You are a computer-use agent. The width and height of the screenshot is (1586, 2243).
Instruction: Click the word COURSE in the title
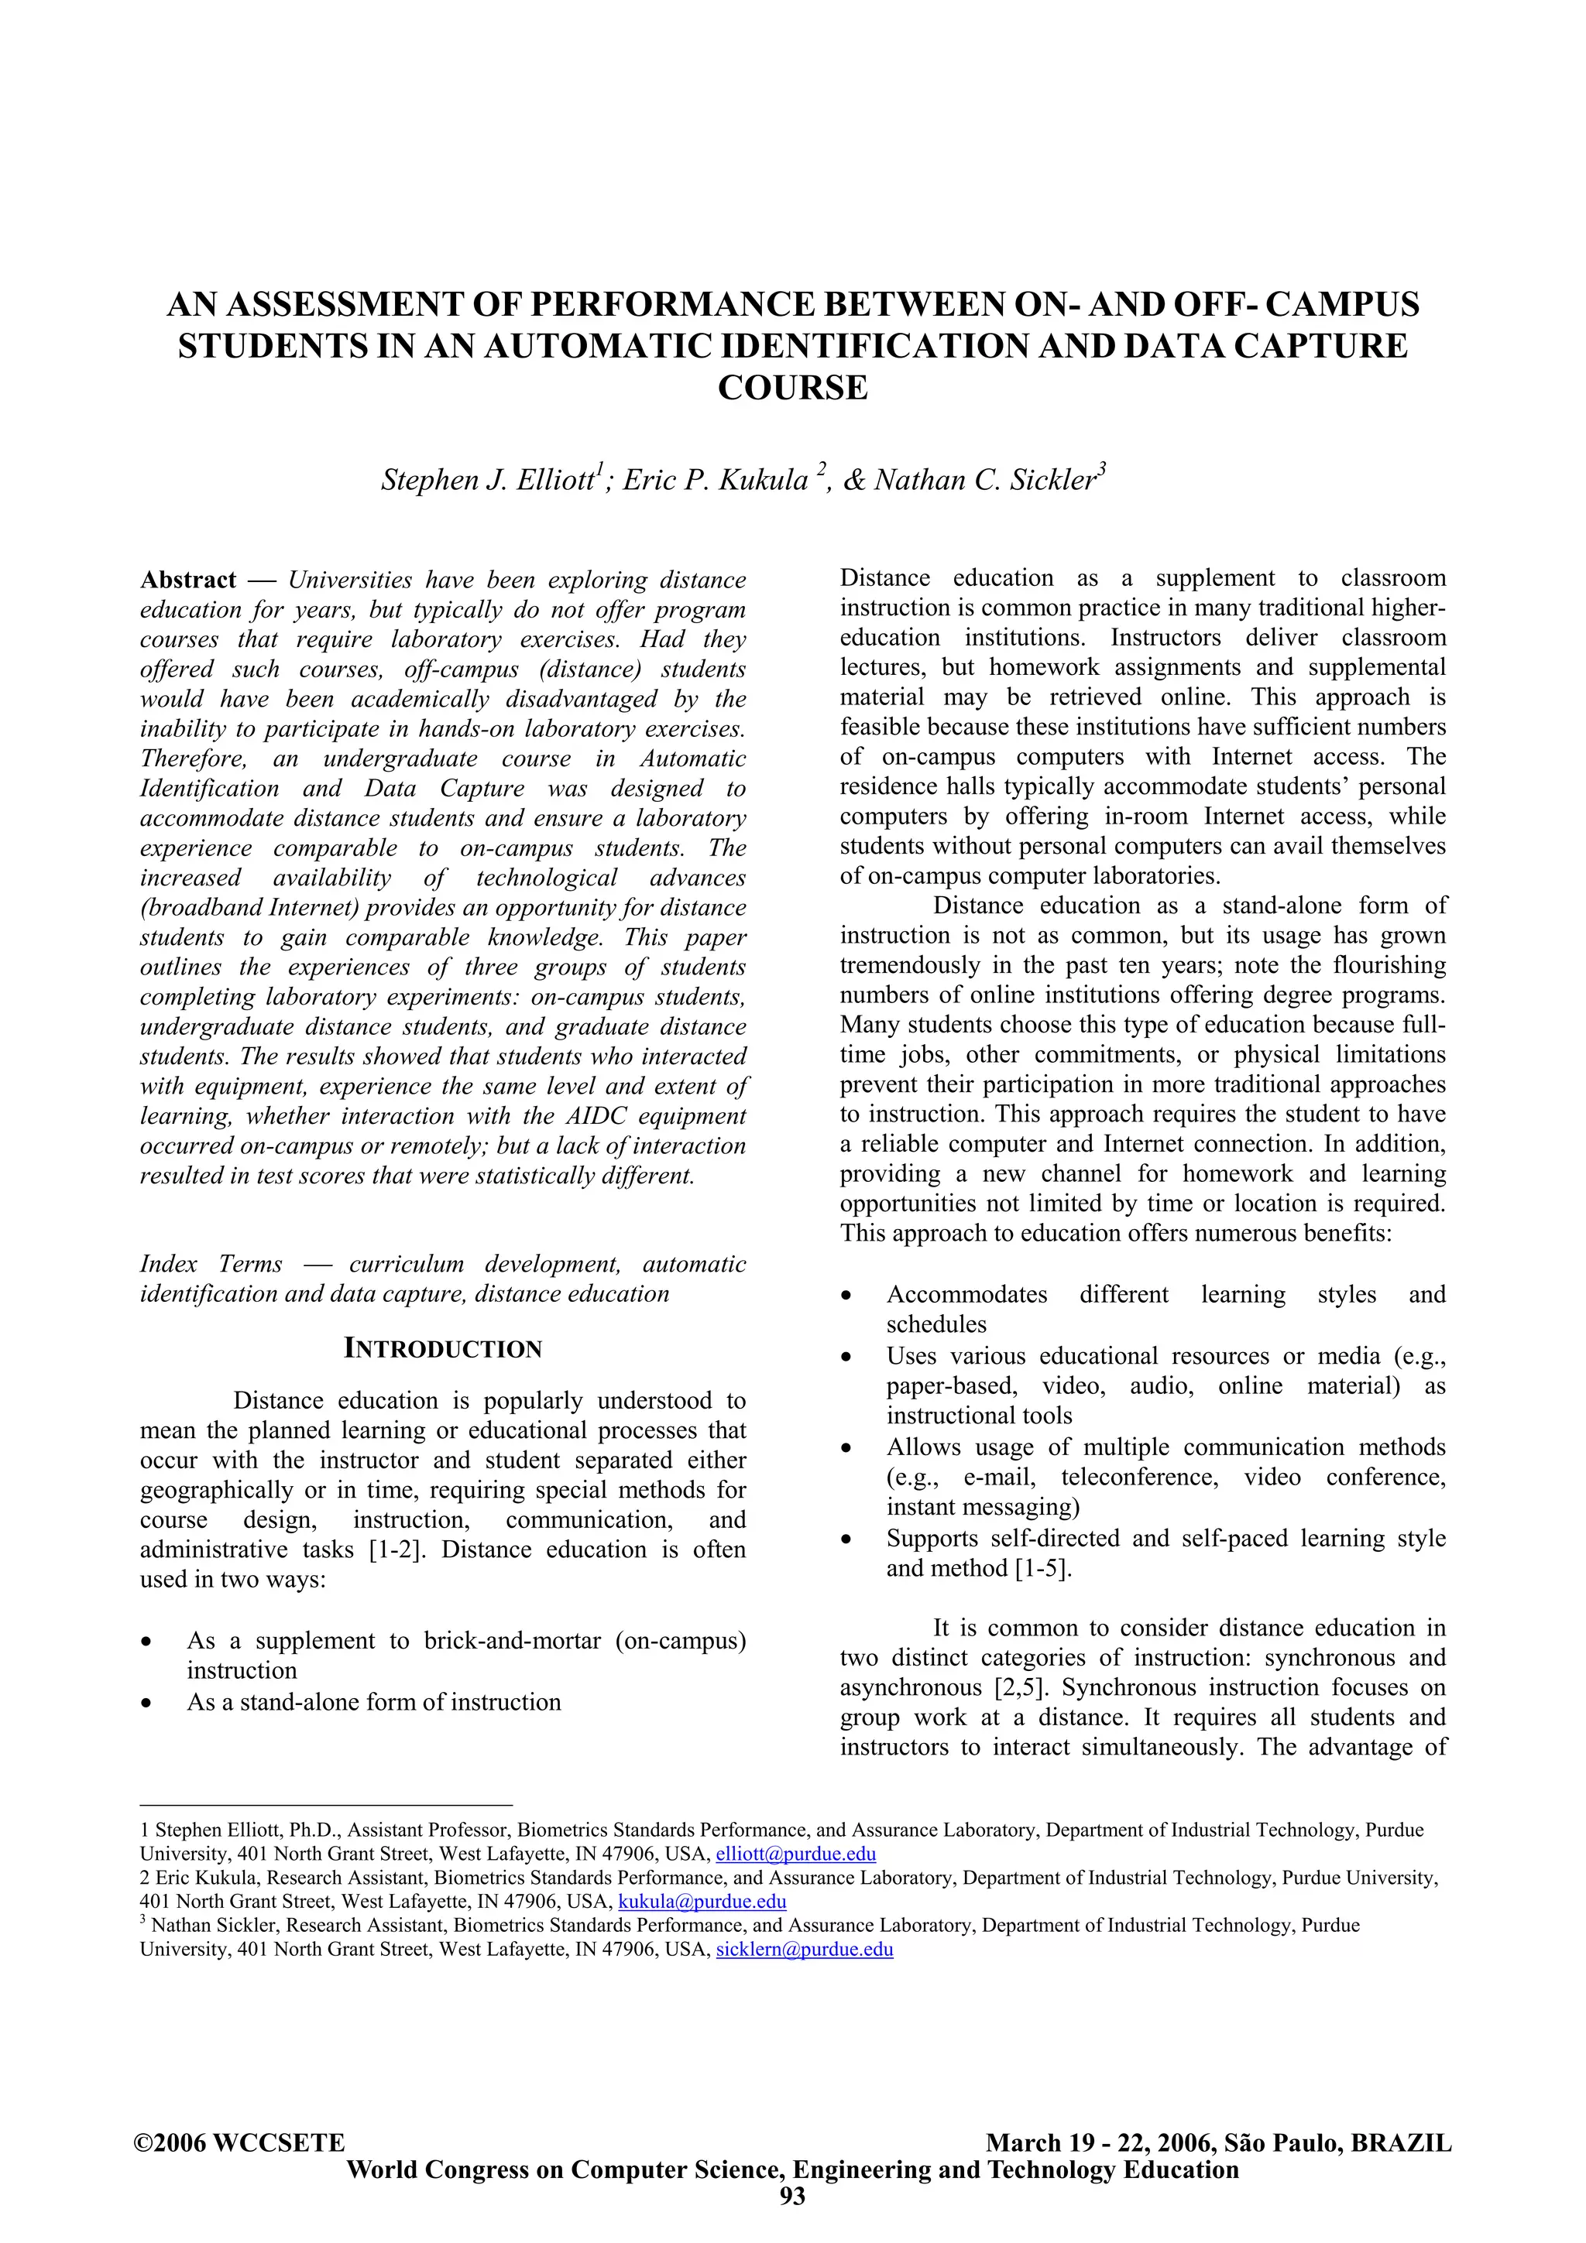pos(792,389)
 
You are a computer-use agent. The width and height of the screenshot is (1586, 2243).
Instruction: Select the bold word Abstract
pos(187,580)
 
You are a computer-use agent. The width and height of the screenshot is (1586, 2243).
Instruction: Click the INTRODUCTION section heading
pos(443,1349)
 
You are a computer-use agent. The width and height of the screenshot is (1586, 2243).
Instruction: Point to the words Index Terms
pos(211,1264)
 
